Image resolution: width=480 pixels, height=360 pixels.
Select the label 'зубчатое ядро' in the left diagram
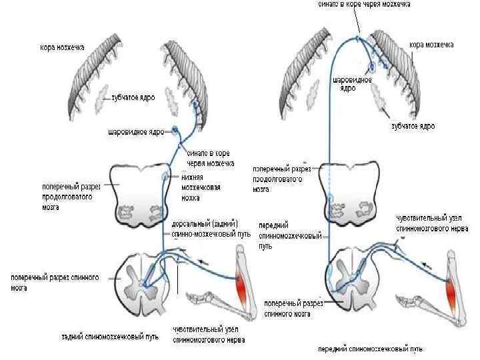(x=133, y=97)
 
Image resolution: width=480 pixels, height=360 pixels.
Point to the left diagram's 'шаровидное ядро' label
(x=135, y=132)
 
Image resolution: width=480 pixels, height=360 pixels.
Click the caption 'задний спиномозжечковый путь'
(x=109, y=337)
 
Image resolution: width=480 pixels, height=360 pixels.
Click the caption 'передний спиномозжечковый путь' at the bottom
(x=369, y=349)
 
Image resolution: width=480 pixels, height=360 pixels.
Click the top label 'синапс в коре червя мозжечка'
(x=363, y=4)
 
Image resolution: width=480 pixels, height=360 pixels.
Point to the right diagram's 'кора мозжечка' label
(x=431, y=45)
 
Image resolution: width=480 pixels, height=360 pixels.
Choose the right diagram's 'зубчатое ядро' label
(x=413, y=126)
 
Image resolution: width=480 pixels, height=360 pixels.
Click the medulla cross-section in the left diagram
(x=137, y=194)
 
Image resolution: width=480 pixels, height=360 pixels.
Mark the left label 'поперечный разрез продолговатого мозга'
(x=67, y=197)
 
